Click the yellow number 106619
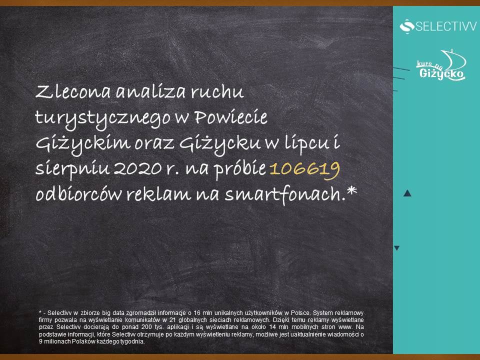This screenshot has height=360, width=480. [304, 169]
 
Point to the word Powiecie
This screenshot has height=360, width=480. [231, 117]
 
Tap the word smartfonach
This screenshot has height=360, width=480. [284, 194]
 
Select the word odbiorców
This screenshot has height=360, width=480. [78, 194]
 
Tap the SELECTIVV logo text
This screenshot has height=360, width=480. [445, 26]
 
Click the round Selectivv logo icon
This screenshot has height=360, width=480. [407, 26]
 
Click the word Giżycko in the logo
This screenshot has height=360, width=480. [441, 74]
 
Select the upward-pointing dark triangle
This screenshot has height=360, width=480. [407, 193]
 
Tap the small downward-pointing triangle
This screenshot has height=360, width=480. [396, 248]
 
